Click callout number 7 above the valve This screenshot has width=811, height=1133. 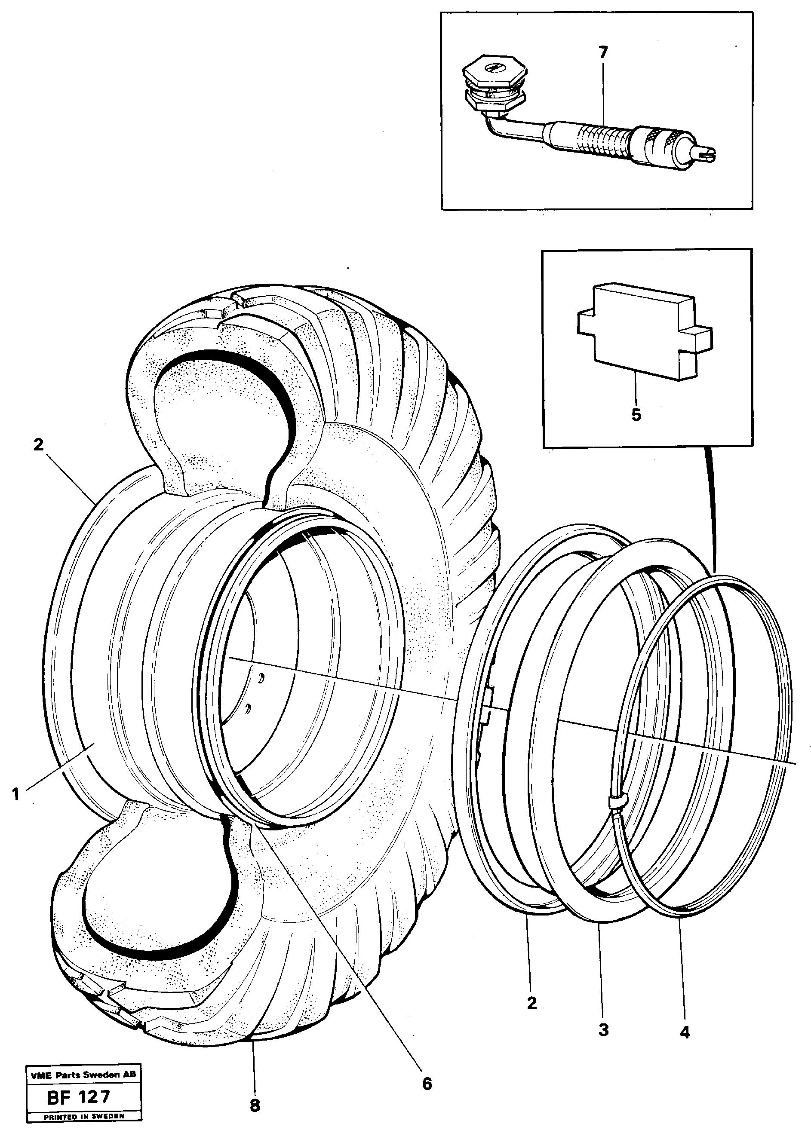[x=603, y=52]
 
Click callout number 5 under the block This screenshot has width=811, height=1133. [x=636, y=414]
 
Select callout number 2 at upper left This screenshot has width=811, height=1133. [x=38, y=444]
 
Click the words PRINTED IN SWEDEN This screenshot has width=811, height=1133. [x=84, y=1102]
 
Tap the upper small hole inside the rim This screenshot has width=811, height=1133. [x=261, y=678]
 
